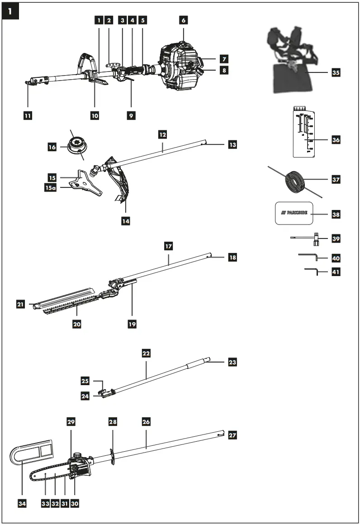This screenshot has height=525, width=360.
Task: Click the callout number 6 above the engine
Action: click(183, 20)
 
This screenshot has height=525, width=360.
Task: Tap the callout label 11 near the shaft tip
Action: click(28, 115)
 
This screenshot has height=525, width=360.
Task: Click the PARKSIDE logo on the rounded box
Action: click(294, 213)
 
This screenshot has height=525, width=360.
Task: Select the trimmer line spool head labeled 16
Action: click(76, 146)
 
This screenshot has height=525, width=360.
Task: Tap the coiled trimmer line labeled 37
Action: click(294, 179)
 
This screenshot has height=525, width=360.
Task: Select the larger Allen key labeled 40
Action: click(309, 257)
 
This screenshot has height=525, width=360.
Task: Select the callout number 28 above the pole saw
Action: click(113, 422)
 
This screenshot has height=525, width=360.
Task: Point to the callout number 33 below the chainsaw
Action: click(45, 502)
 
